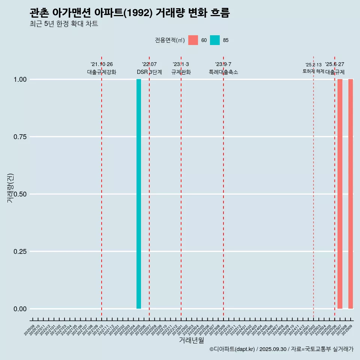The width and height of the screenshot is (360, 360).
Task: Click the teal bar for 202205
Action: click(139, 194)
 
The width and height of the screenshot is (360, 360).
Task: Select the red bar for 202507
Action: click(340, 194)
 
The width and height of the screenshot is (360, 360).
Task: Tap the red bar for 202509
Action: click(351, 194)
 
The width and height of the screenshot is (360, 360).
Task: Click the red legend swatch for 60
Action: click(193, 40)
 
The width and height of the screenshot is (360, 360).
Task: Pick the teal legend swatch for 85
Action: click(215, 40)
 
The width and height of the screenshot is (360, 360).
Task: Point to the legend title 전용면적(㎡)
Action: click(169, 40)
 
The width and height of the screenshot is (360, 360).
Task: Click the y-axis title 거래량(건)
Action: click(10, 187)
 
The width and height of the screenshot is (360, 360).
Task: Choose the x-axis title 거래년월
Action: click(192, 340)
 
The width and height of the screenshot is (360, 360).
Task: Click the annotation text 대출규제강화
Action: click(102, 72)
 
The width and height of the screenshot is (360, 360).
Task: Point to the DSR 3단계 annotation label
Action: click(149, 72)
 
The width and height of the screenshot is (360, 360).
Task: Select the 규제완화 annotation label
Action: click(181, 72)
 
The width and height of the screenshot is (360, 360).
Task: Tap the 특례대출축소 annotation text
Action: click(223, 72)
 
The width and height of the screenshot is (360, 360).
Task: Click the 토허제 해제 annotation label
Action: click(313, 71)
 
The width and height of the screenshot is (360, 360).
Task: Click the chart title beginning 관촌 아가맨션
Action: click(129, 13)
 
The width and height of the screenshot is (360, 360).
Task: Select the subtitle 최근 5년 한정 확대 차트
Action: click(64, 24)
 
